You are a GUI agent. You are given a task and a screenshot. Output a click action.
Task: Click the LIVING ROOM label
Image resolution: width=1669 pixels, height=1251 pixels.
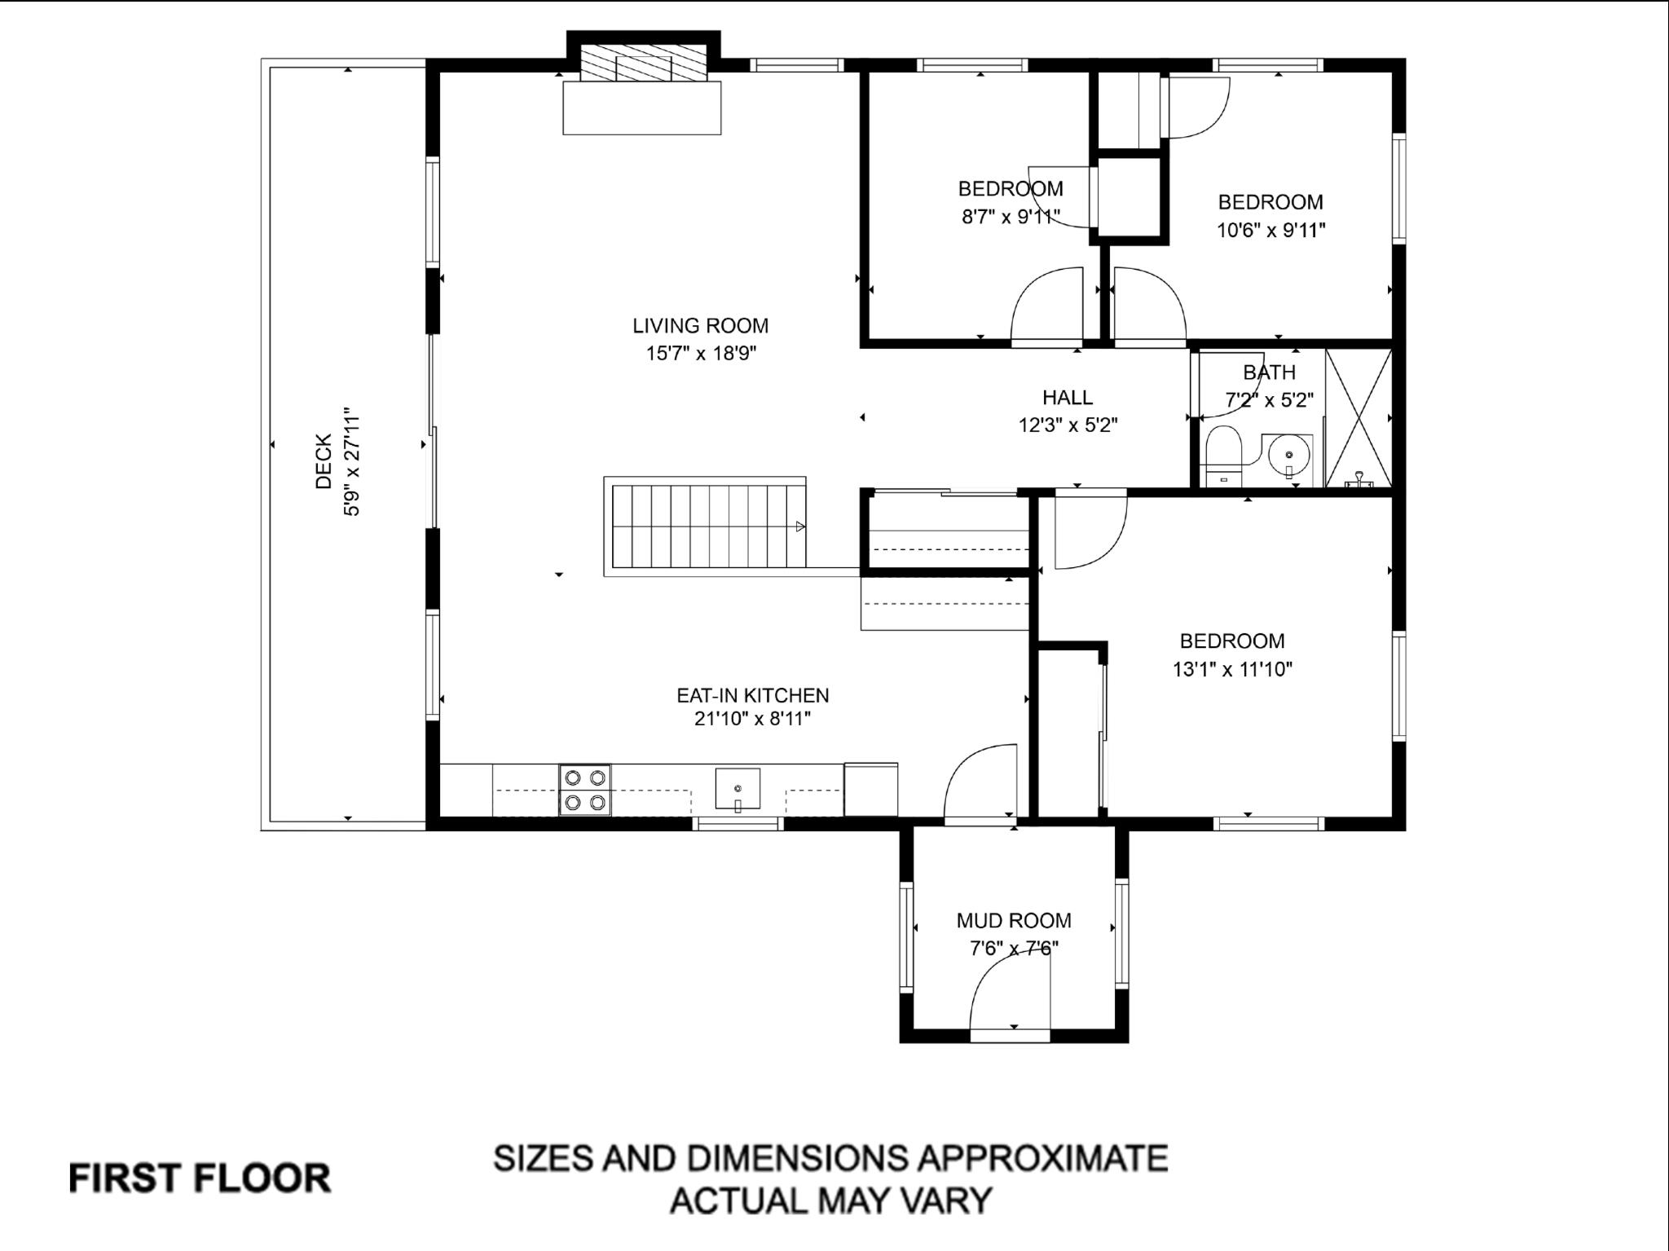point(700,326)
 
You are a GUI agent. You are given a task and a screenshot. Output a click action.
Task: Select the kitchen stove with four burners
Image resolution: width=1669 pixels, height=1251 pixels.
point(584,790)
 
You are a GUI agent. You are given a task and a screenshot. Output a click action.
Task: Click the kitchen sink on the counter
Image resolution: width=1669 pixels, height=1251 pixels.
point(738,789)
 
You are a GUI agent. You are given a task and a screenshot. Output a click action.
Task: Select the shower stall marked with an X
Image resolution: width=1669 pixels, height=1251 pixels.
point(1359,418)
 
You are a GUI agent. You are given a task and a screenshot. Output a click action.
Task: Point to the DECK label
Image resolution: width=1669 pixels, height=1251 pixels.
point(324,461)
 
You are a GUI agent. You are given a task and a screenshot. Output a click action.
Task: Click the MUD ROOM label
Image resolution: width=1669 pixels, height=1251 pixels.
point(1013,921)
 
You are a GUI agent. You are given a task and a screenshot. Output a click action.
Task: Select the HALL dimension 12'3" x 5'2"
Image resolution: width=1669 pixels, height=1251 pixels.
point(1067,425)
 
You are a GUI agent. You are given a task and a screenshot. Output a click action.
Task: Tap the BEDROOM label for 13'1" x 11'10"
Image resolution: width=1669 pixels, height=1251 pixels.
point(1231,641)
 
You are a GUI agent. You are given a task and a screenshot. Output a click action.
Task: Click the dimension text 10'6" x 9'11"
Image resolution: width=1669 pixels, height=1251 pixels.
point(1270,231)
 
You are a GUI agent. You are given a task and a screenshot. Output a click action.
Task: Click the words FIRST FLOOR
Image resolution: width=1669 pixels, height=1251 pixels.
point(200,1178)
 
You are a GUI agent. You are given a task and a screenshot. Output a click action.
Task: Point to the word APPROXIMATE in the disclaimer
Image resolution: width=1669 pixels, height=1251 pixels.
point(1042,1158)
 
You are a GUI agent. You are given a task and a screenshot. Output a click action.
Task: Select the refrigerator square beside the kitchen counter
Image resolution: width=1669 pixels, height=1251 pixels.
point(870,789)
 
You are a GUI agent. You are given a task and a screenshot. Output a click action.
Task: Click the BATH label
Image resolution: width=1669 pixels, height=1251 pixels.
point(1269,372)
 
